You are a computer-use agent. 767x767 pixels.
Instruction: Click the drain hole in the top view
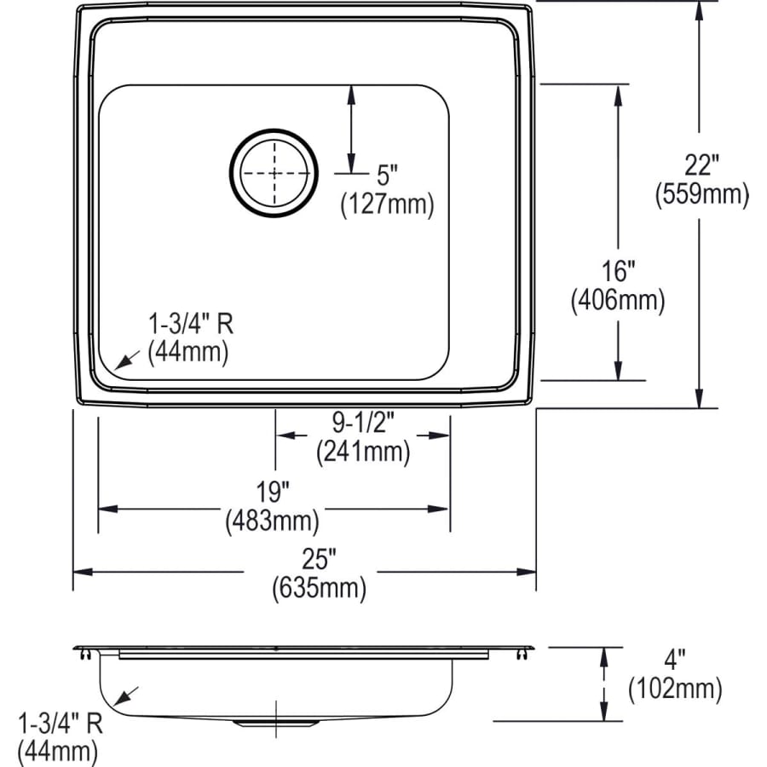pos(274,171)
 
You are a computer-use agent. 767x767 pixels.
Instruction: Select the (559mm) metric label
pos(701,195)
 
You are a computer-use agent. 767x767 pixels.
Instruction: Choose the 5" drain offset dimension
pos(387,176)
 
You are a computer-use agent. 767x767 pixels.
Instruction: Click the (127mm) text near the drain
pos(387,204)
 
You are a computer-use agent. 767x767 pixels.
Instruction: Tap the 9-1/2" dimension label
pos(362,422)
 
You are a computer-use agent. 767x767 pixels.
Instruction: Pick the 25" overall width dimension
pos(319,559)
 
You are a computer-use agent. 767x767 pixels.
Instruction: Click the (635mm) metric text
pos(319,587)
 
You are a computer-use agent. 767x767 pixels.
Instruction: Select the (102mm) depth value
pos(675,688)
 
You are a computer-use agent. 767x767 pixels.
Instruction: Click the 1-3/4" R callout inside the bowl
pos(191,324)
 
